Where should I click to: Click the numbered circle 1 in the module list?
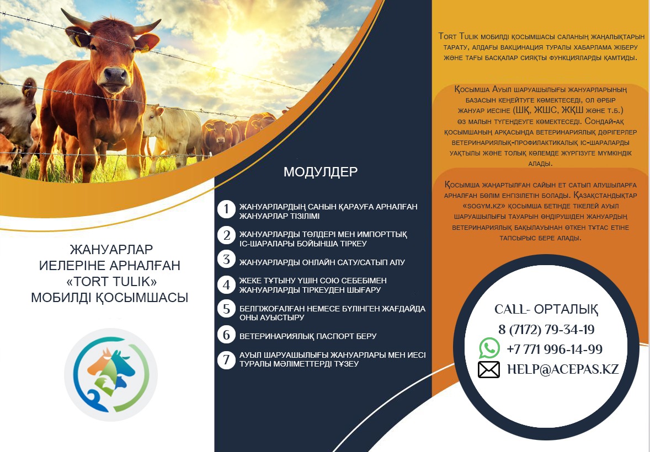pos(226,209)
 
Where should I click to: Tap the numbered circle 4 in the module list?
pos(226,284)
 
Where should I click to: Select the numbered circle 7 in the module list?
pos(226,359)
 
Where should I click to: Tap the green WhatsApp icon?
pos(489,348)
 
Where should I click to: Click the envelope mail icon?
pos(489,369)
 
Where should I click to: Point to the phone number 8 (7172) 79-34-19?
pos(546,330)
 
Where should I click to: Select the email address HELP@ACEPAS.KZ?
pos(563,369)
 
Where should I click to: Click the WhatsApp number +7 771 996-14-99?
pos(554,349)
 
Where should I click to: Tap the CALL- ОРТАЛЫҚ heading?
pos(546,309)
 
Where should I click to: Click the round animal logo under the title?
pos(111,374)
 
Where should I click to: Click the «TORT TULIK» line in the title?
pos(111,281)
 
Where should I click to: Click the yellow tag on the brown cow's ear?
pos(77,41)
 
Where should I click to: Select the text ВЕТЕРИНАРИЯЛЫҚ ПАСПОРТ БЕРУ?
pos(308,336)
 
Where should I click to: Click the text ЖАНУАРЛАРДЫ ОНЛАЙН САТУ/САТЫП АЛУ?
pos(322,262)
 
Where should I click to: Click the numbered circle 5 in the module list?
pos(226,309)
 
